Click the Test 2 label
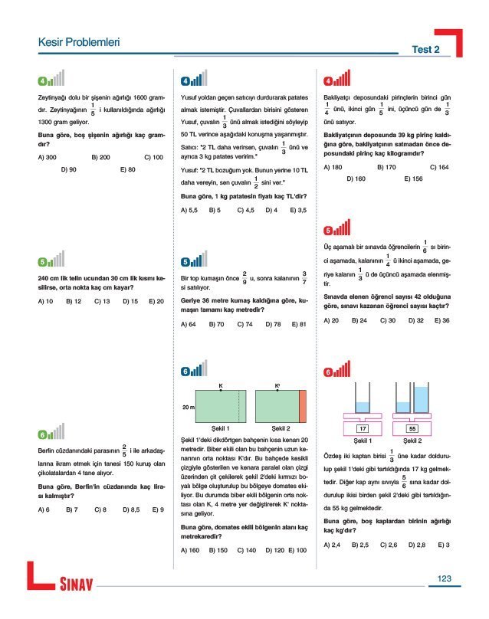click(425, 49)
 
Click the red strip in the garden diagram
click(303, 404)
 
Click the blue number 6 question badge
click(185, 372)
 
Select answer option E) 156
click(413, 178)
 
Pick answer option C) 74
click(244, 324)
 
